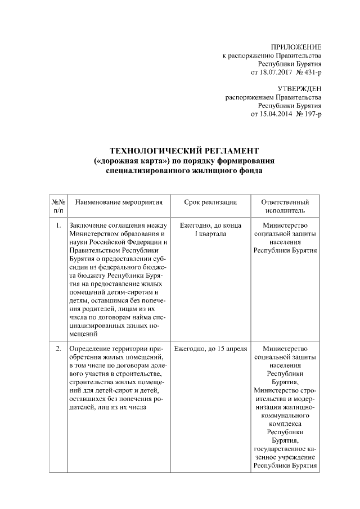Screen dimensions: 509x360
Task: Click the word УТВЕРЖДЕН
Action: [299, 89]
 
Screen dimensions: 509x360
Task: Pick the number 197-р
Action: [312, 114]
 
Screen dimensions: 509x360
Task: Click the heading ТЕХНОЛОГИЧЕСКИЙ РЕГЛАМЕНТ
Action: [184, 151]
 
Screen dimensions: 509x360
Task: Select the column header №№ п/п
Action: [58, 205]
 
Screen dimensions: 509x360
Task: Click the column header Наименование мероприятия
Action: [118, 201]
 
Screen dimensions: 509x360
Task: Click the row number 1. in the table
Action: [58, 226]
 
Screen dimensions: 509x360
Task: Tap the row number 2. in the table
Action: [58, 349]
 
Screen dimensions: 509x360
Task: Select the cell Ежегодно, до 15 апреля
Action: [210, 349]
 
